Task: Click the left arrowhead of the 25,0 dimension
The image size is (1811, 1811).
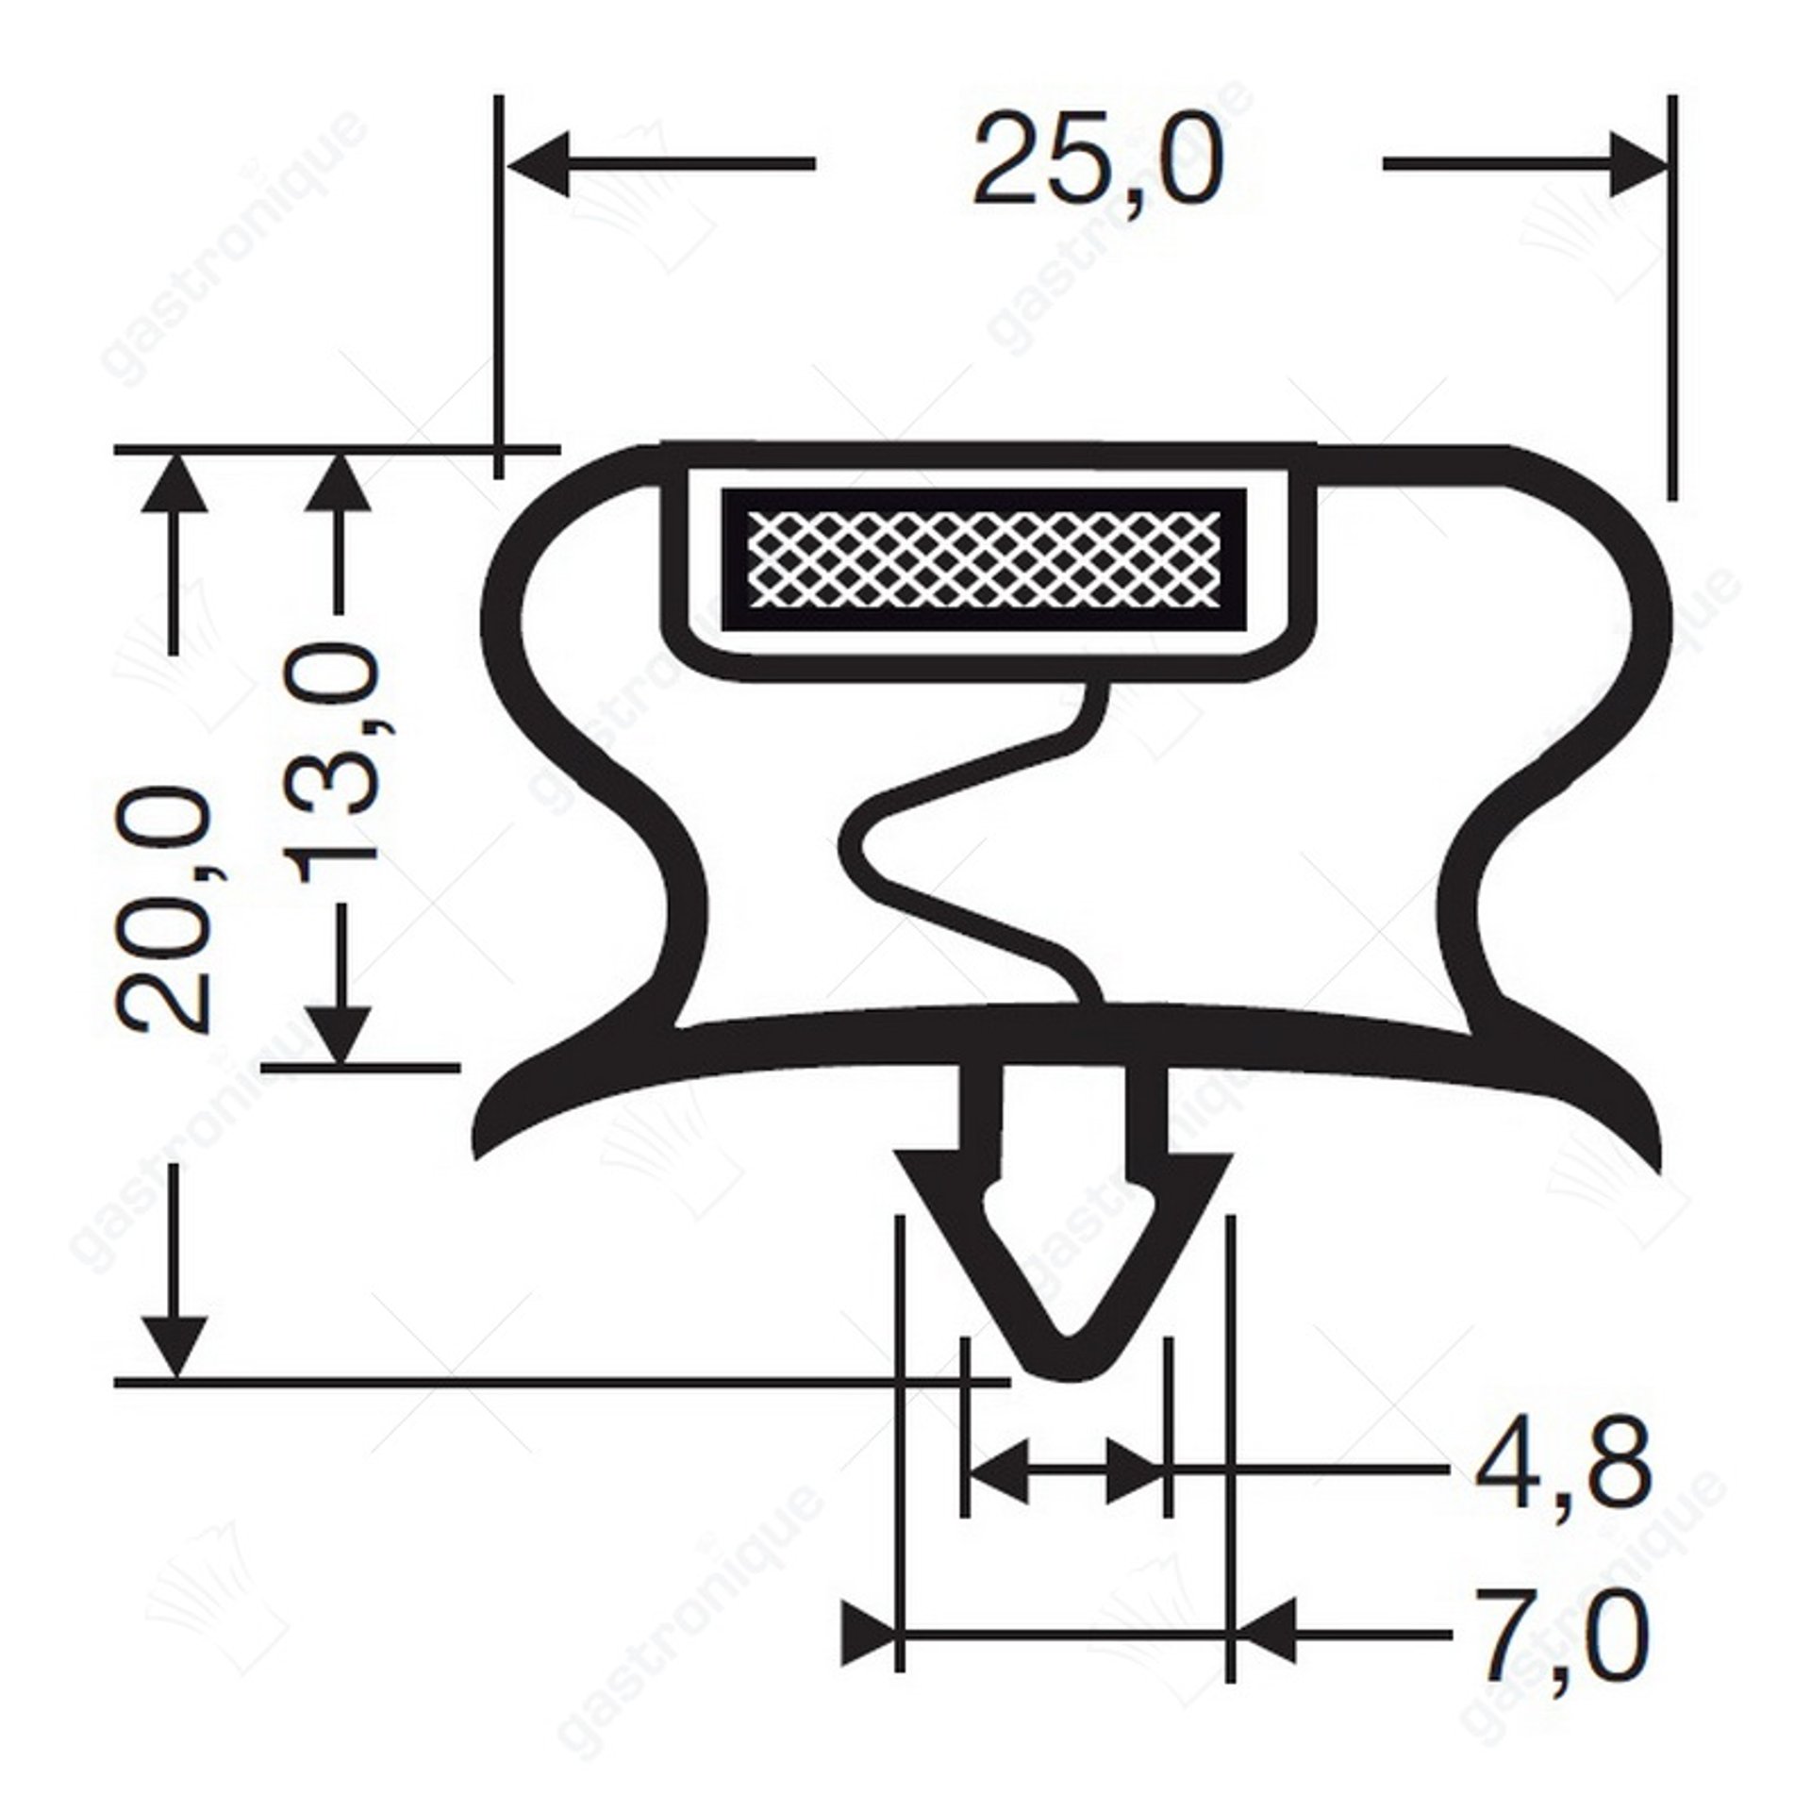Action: [x=539, y=164]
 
